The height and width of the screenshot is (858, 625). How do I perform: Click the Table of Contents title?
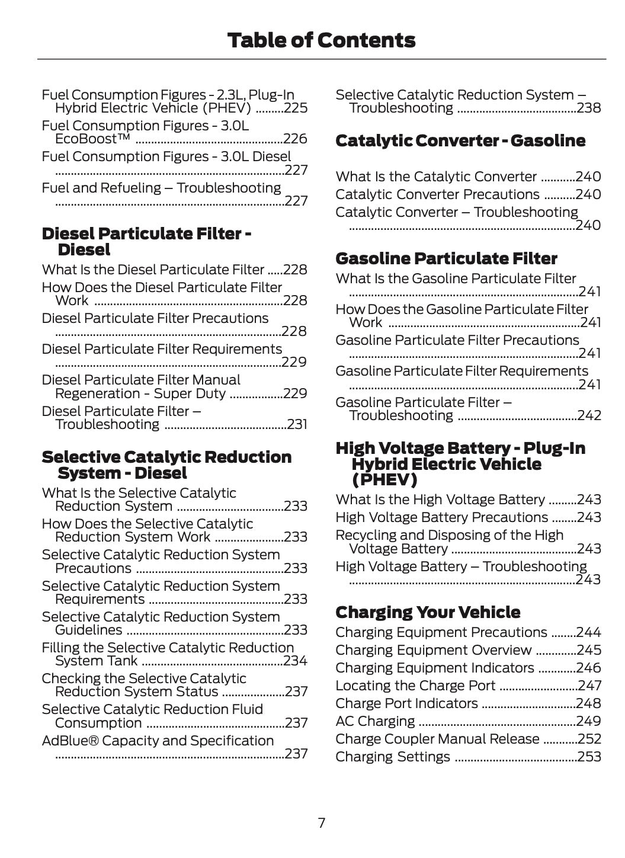tap(321, 40)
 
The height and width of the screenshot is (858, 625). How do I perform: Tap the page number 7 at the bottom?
tap(321, 822)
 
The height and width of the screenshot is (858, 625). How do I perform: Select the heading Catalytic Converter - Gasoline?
tap(460, 141)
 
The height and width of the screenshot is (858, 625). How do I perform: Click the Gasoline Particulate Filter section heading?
tap(446, 258)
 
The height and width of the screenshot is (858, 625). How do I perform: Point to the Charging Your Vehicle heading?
tap(428, 612)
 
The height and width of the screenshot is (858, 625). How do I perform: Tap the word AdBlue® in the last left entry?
tap(69, 741)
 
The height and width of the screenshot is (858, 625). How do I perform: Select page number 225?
tap(296, 108)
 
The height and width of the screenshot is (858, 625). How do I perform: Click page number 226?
tap(295, 139)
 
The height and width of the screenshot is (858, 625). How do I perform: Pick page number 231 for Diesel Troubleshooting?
tap(297, 425)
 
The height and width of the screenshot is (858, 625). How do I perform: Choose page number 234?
tap(296, 661)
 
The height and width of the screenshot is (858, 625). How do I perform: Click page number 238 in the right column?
tap(589, 108)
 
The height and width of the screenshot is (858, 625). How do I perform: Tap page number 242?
tap(589, 416)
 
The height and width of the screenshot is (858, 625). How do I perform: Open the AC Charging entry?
tap(375, 721)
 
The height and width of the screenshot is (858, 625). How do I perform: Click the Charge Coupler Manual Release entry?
tap(437, 739)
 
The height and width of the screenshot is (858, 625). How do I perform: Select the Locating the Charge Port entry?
tap(415, 686)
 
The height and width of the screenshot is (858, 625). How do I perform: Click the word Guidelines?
tap(88, 630)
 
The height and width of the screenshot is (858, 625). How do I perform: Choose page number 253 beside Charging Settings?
tap(589, 757)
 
